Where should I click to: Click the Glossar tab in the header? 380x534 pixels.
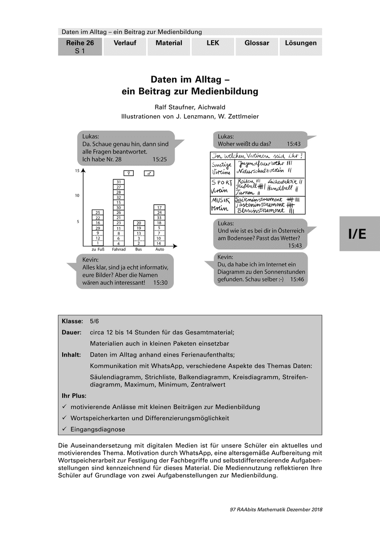(256, 43)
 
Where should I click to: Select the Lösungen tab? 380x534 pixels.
(300, 43)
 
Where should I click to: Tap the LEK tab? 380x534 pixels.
(212, 43)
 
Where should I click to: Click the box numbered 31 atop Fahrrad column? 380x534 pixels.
(119, 182)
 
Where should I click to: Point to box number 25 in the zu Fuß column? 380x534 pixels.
(98, 212)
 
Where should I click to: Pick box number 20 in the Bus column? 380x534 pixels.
(139, 223)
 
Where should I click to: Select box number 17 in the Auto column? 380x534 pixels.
(159, 207)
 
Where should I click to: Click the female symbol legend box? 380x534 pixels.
(129, 173)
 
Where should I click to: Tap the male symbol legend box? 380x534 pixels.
(149, 173)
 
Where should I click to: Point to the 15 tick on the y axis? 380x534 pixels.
(77, 171)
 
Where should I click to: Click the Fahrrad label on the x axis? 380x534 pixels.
(119, 250)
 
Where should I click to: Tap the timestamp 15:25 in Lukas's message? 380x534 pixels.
(160, 159)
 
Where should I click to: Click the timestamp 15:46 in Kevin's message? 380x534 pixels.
(296, 279)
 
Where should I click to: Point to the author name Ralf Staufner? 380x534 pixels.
(171, 107)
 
